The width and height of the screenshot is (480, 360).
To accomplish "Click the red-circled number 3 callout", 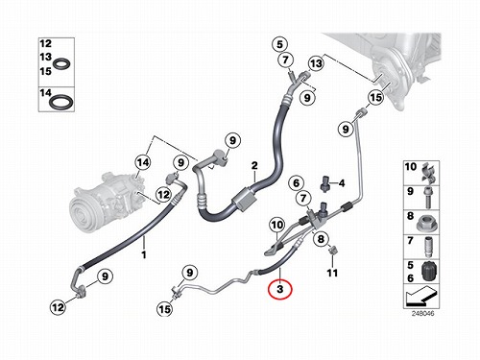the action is (280, 289).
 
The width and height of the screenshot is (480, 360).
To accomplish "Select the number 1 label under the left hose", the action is (144, 255).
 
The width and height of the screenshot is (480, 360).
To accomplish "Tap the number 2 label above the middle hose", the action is (254, 166).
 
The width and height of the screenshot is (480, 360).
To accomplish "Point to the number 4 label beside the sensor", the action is (342, 183).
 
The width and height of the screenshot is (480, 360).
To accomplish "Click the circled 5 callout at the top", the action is (280, 44).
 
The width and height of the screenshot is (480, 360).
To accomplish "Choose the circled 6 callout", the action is (296, 183).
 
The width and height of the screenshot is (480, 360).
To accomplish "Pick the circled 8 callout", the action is (321, 239).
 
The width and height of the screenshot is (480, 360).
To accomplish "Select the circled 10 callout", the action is (277, 225).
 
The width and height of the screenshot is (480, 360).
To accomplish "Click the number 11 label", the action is (332, 273).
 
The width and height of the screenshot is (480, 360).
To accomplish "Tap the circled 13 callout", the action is (316, 63).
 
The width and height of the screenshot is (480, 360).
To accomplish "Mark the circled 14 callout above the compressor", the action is (143, 162).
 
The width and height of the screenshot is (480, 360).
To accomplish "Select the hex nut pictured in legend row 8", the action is (426, 223).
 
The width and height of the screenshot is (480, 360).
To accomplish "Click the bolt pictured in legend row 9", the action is (427, 197).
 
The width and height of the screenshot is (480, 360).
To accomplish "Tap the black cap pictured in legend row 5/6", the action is (428, 272).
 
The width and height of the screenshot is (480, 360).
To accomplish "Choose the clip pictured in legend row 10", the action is (427, 173).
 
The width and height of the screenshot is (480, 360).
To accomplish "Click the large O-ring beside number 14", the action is (61, 101).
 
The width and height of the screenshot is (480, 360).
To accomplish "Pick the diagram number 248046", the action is (422, 313).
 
